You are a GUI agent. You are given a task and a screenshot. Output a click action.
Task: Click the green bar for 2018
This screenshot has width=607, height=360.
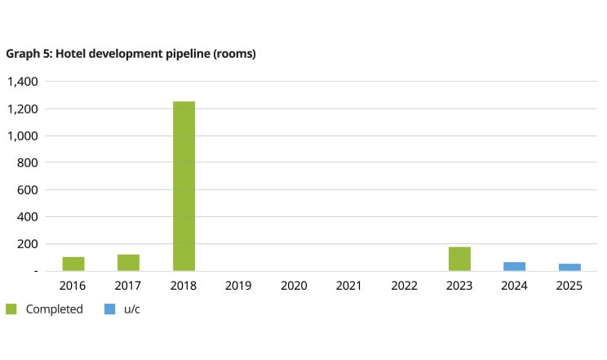(x=184, y=186)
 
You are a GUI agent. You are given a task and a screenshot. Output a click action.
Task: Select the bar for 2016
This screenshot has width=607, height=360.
(x=73, y=264)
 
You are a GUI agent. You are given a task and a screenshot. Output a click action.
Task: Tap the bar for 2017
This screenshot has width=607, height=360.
(x=128, y=262)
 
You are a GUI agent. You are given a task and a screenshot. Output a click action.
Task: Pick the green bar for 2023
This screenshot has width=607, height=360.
(x=459, y=259)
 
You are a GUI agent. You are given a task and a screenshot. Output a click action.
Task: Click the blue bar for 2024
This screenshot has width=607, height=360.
(x=514, y=266)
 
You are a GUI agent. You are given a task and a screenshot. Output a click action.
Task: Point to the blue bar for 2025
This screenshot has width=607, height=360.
(x=569, y=267)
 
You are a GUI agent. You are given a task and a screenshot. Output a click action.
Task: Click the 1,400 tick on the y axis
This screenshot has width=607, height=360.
(x=22, y=82)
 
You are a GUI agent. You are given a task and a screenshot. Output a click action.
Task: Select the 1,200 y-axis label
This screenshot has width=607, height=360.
(x=22, y=109)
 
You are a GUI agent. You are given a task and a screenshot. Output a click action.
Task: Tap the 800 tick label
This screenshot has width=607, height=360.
(x=28, y=162)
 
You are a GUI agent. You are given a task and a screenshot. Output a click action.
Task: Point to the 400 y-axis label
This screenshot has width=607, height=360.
(x=28, y=217)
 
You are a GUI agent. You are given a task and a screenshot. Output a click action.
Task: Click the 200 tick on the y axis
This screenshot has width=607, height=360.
(x=28, y=244)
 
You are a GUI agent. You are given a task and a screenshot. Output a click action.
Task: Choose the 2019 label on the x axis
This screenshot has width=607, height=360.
(x=238, y=286)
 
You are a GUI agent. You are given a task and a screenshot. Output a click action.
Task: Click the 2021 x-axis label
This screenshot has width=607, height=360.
(x=349, y=286)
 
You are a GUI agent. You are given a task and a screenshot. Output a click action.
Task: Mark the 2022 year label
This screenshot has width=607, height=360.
(x=404, y=286)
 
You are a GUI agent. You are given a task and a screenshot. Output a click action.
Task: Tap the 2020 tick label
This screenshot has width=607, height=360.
(x=294, y=286)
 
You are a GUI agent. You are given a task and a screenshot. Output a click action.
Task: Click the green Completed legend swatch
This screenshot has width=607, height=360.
(x=11, y=309)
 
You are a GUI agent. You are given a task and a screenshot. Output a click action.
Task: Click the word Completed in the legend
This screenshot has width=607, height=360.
(x=54, y=309)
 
